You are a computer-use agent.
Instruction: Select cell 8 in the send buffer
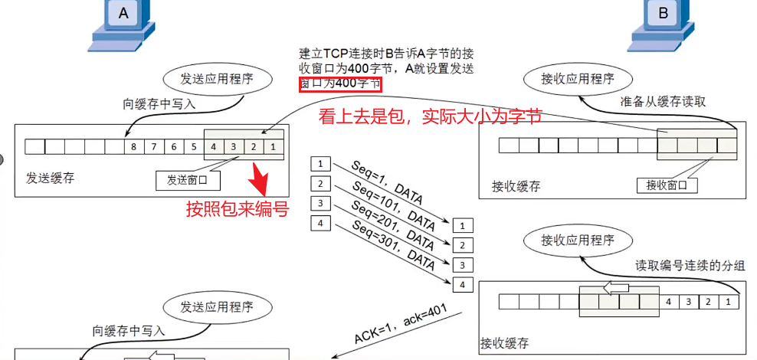pos(134,146)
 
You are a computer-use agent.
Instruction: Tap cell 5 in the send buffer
pos(194,146)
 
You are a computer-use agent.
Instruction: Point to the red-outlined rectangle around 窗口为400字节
pos(339,83)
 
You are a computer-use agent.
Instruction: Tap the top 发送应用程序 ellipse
pos(216,79)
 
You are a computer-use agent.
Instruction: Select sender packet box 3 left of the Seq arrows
pos(320,204)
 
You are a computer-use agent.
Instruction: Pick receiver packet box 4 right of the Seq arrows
pos(462,285)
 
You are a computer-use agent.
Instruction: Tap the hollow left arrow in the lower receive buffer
pos(617,288)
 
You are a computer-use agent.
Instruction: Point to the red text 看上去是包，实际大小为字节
pos(431,116)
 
